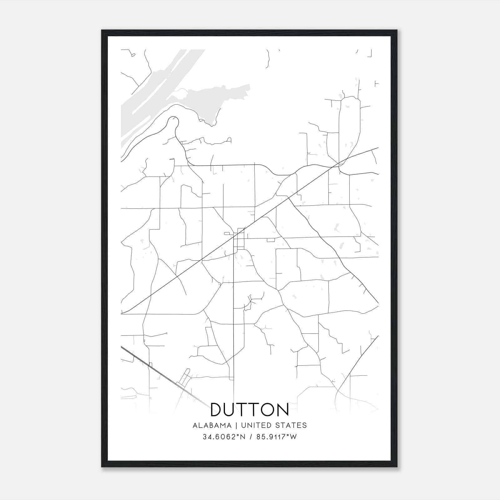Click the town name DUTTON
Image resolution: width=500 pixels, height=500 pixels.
coord(250,409)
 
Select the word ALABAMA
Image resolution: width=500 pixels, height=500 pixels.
coord(212,425)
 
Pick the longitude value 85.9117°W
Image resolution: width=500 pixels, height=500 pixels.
coord(276,437)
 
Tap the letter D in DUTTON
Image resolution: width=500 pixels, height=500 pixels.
coord(217,409)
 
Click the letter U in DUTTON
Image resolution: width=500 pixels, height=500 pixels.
coord(232,409)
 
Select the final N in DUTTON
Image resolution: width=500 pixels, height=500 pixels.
coord(282,409)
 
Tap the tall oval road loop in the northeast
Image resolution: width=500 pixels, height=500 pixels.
coord(350,125)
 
